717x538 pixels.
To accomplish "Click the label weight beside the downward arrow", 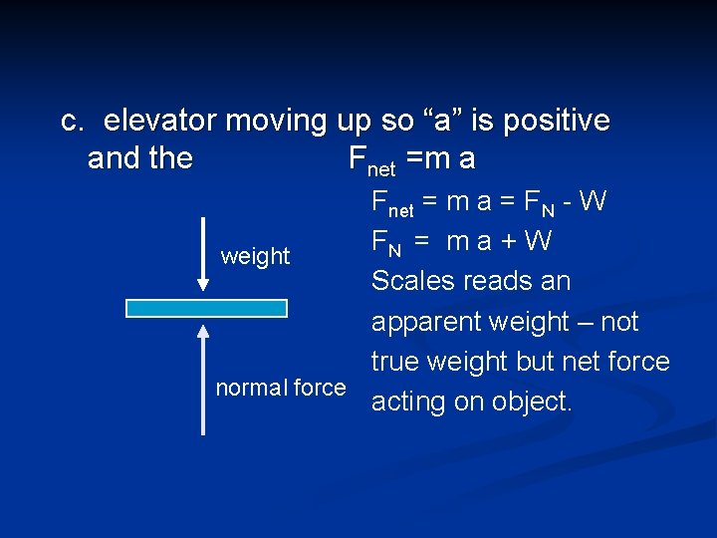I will (x=255, y=257).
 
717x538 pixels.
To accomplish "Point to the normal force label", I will (x=281, y=388).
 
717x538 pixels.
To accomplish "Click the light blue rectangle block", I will (x=206, y=308).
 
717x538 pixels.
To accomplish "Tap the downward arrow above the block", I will (x=203, y=254).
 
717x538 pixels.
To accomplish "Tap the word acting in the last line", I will (x=409, y=403).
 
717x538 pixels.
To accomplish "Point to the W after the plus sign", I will (x=539, y=242).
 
